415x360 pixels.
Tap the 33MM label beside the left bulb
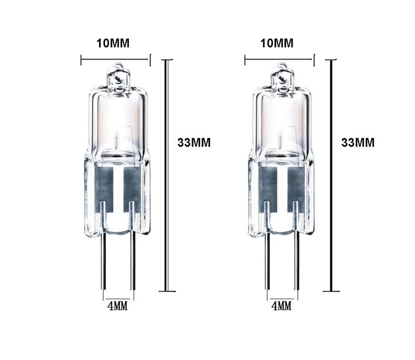click(x=194, y=143)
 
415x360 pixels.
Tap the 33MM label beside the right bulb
click(x=358, y=143)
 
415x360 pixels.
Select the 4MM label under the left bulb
click(x=118, y=306)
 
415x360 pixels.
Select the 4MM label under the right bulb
click(x=281, y=306)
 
